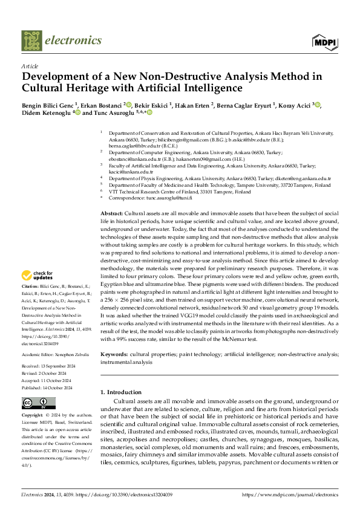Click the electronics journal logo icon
point(32,41)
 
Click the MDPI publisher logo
point(324,42)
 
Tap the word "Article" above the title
point(29,65)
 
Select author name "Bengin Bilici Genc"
point(47,105)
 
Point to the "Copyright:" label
point(32,416)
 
